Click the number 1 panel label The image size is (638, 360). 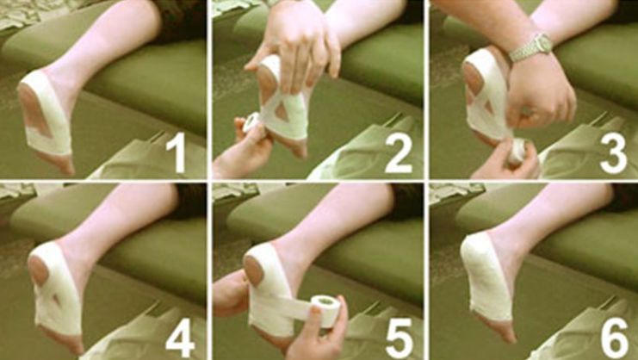click(178, 153)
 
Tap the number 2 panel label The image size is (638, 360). click(399, 153)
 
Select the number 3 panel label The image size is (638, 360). click(613, 153)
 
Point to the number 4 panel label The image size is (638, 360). click(181, 337)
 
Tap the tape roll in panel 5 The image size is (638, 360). click(326, 311)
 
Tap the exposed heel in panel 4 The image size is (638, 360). click(39, 271)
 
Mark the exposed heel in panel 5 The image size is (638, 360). click(253, 271)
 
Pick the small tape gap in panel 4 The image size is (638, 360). click(57, 300)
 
